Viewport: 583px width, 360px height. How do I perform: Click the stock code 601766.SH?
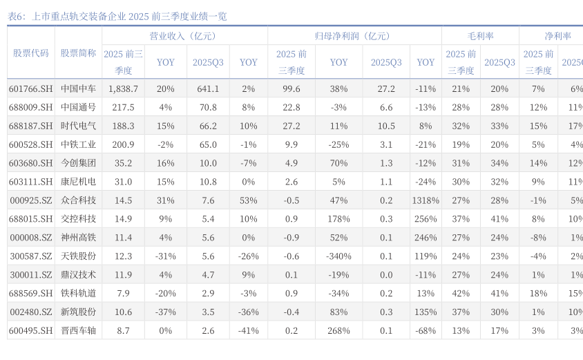pyautogui.click(x=30, y=89)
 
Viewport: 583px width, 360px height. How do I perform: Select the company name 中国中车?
pyautogui.click(x=78, y=89)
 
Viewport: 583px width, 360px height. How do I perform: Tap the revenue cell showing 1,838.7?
pyautogui.click(x=124, y=89)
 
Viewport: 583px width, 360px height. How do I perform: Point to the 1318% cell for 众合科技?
pyautogui.click(x=426, y=200)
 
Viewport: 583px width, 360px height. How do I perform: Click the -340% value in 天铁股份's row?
pyautogui.click(x=338, y=256)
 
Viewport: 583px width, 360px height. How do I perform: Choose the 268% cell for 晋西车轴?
pyautogui.click(x=338, y=331)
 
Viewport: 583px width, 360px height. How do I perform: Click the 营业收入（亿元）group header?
pyautogui.click(x=184, y=36)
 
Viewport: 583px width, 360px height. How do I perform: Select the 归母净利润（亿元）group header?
pyautogui.click(x=354, y=36)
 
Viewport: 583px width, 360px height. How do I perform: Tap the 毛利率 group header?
pyautogui.click(x=480, y=36)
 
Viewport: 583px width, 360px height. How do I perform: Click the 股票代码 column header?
pyautogui.click(x=30, y=53)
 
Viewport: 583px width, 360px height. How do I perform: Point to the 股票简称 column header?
pyautogui.click(x=78, y=53)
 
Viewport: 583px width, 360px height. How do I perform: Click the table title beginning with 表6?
pyautogui.click(x=117, y=16)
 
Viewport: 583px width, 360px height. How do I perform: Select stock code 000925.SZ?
pyautogui.click(x=30, y=200)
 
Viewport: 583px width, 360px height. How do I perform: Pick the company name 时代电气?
pyautogui.click(x=78, y=126)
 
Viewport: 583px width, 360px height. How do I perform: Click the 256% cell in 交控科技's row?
pyautogui.click(x=426, y=219)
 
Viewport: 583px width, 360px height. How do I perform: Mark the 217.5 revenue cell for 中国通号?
pyautogui.click(x=124, y=108)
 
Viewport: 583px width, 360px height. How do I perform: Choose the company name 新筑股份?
pyautogui.click(x=78, y=312)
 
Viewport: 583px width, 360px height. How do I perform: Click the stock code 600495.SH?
pyautogui.click(x=30, y=331)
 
